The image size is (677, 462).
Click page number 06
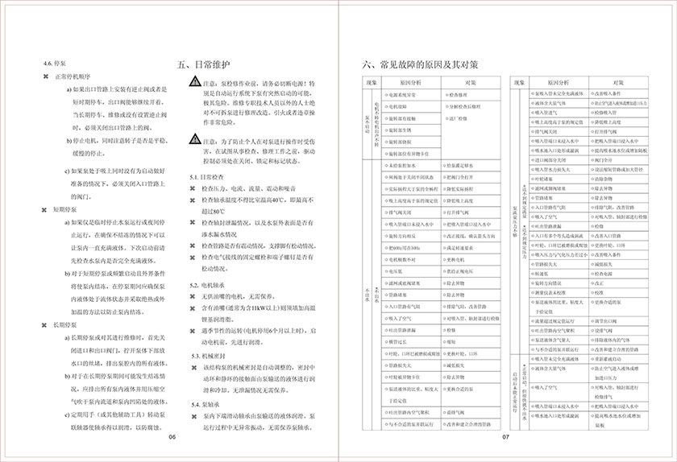pos(172,437)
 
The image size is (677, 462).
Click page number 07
pos(506,437)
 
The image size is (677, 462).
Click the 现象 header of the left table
pos(371,83)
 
